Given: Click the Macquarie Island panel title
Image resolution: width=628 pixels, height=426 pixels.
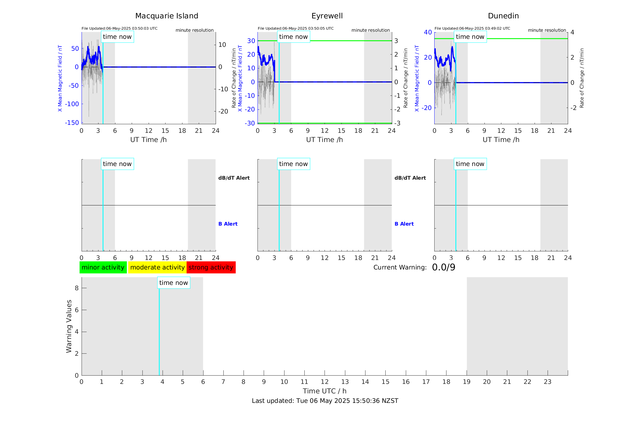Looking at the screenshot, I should click(x=166, y=16).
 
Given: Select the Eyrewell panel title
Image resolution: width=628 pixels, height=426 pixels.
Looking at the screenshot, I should click(x=327, y=16).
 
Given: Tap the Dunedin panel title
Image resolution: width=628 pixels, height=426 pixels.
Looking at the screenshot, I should click(x=503, y=16).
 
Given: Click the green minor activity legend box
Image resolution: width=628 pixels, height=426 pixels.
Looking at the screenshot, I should click(x=103, y=267).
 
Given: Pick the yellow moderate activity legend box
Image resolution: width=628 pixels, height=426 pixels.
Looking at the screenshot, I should click(x=157, y=267).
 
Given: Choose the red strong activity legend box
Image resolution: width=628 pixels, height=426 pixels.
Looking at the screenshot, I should click(x=211, y=267).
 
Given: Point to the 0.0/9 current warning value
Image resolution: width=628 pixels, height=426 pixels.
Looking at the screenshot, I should click(x=443, y=267).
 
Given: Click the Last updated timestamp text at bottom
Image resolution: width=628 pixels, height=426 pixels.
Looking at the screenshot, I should click(x=325, y=401).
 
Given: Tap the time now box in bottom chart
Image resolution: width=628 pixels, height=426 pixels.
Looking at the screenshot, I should click(x=174, y=283).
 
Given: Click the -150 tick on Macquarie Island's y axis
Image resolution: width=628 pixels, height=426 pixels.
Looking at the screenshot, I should click(x=72, y=123).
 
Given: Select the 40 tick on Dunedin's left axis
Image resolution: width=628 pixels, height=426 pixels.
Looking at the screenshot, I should click(x=428, y=32).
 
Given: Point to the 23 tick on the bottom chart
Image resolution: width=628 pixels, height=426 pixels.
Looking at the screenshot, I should click(x=547, y=382).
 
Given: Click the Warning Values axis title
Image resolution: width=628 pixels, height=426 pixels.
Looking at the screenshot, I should click(x=69, y=326).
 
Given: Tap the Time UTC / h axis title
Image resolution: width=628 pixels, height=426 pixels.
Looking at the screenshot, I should click(x=325, y=391).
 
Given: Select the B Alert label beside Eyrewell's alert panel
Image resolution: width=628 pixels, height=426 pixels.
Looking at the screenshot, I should click(x=404, y=224).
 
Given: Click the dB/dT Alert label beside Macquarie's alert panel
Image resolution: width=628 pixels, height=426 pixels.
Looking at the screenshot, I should click(x=234, y=178).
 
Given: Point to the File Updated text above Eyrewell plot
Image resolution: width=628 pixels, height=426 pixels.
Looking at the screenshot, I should click(x=295, y=28).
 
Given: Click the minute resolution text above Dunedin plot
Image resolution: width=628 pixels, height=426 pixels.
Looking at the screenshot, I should click(x=547, y=30).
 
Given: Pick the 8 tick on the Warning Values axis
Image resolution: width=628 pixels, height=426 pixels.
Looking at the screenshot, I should click(x=77, y=288).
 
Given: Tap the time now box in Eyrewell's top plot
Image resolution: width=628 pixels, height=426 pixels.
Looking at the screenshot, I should click(x=293, y=37).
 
